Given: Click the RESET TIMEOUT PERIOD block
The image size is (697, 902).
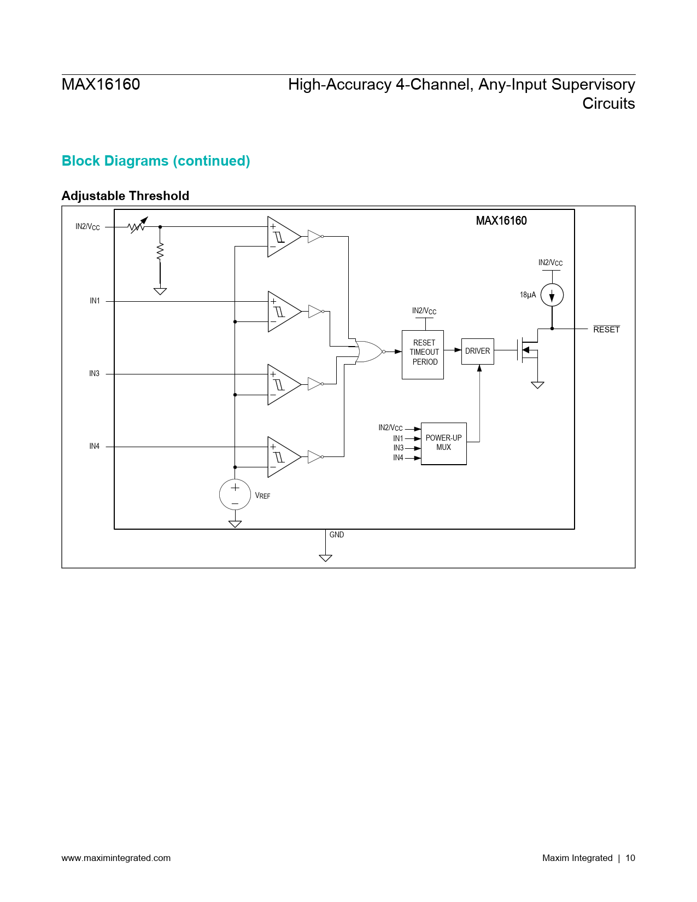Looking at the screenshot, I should (423, 354).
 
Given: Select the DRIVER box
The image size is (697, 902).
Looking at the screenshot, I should (477, 351).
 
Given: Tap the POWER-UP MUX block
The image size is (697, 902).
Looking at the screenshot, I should (443, 443).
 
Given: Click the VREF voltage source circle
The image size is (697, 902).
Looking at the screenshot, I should (235, 494).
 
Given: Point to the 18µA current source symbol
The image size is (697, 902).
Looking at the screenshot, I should (552, 295).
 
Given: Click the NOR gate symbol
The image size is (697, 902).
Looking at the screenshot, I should (369, 352).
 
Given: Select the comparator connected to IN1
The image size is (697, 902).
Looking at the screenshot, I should (284, 312).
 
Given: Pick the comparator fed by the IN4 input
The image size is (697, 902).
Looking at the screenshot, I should (284, 457).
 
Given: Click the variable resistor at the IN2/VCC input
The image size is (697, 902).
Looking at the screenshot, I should (137, 226).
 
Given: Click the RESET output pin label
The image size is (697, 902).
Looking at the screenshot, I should (606, 330).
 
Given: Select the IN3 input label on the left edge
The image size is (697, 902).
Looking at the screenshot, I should (95, 374).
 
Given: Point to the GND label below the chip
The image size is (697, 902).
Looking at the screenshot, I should (337, 535).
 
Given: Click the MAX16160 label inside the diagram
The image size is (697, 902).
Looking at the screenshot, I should (501, 221).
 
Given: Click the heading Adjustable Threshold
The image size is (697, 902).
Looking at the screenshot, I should (125, 196).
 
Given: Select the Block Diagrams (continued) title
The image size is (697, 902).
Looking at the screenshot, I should (156, 161).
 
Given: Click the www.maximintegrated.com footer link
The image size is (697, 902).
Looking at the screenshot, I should (116, 858).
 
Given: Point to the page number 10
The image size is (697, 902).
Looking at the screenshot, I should (630, 858).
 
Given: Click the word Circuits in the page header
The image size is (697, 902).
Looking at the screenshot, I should (608, 103).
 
